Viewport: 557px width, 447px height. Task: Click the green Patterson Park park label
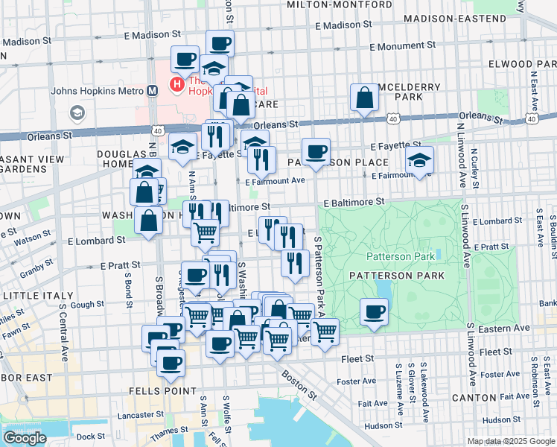[399, 256]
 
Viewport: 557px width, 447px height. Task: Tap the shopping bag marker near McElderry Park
[364, 98]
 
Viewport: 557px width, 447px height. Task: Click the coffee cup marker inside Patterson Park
[375, 311]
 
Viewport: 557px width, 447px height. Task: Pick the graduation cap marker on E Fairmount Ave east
[419, 160]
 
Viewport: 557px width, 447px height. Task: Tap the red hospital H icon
[177, 85]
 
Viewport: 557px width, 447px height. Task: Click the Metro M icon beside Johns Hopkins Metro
[152, 91]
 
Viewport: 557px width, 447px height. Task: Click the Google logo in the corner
[25, 437]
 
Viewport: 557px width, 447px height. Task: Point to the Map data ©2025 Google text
[511, 441]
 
